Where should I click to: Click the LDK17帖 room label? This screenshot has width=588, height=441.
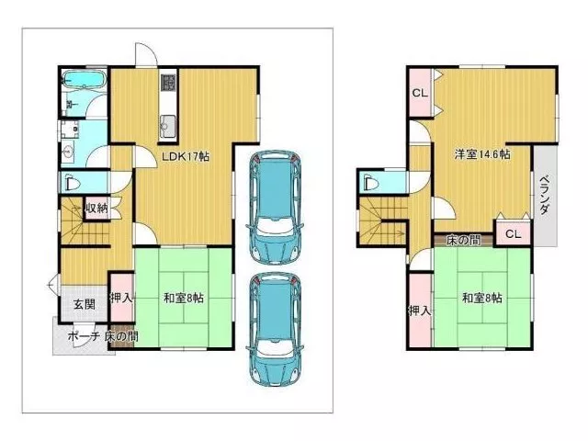[x=186, y=157]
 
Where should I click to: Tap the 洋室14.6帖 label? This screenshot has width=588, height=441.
[x=482, y=154]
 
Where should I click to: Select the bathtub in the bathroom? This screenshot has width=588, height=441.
[x=85, y=79]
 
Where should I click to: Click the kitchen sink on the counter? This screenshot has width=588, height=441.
[x=167, y=126]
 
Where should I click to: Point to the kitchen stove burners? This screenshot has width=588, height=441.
[x=168, y=82]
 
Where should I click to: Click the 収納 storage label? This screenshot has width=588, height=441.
[x=97, y=208]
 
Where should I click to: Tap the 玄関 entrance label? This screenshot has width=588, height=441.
[x=84, y=304]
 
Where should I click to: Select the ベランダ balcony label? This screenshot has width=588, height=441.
[x=545, y=195]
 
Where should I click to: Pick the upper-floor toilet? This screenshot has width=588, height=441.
[x=369, y=183]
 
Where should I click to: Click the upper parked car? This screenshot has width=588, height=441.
[x=275, y=206]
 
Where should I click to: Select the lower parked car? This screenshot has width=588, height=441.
[x=275, y=329]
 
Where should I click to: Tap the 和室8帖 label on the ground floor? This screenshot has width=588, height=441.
[x=184, y=299]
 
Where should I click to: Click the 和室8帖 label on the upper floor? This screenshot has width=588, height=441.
[x=481, y=299]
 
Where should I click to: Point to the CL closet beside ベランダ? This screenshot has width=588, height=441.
[x=513, y=233]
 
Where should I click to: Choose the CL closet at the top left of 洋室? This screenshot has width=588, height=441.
[x=420, y=93]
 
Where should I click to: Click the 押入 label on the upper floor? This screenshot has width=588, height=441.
[x=419, y=311]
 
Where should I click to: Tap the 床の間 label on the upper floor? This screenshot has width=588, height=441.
[x=463, y=240]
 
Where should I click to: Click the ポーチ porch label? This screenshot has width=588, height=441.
[x=84, y=336]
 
